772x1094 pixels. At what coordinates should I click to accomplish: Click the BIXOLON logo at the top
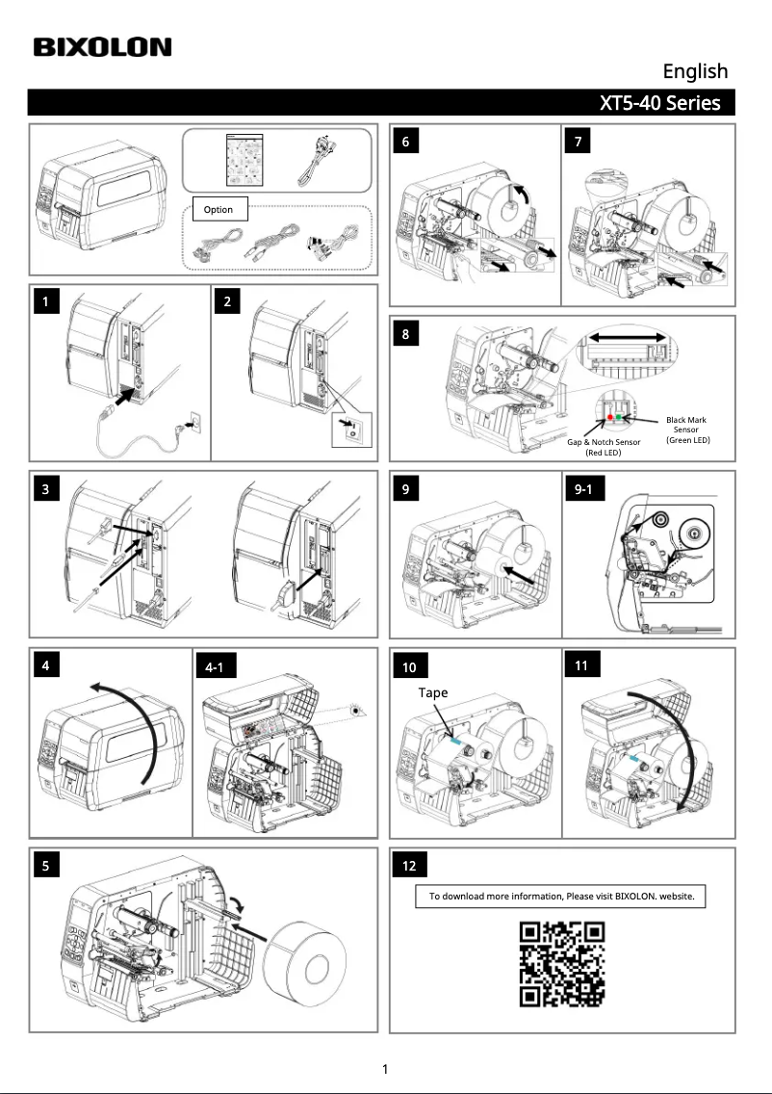pos(102,47)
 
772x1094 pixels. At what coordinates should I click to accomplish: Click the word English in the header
pos(694,71)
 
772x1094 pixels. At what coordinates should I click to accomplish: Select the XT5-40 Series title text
pos(659,103)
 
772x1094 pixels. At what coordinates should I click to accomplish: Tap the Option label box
pos(220,209)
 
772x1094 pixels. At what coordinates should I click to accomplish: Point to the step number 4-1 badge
pos(221,666)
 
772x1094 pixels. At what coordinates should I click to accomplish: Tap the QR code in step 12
pos(562,964)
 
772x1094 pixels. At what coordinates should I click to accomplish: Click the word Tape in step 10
pos(433,692)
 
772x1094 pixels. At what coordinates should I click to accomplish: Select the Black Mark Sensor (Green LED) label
pos(687,430)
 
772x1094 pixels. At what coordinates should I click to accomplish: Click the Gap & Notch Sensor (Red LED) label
pos(604,446)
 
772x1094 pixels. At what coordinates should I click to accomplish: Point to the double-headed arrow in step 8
pos(628,337)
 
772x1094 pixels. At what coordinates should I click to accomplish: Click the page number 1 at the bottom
pos(385,1068)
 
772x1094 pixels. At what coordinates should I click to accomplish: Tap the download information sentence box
pos(561,896)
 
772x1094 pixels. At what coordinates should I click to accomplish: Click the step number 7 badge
pos(578,142)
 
